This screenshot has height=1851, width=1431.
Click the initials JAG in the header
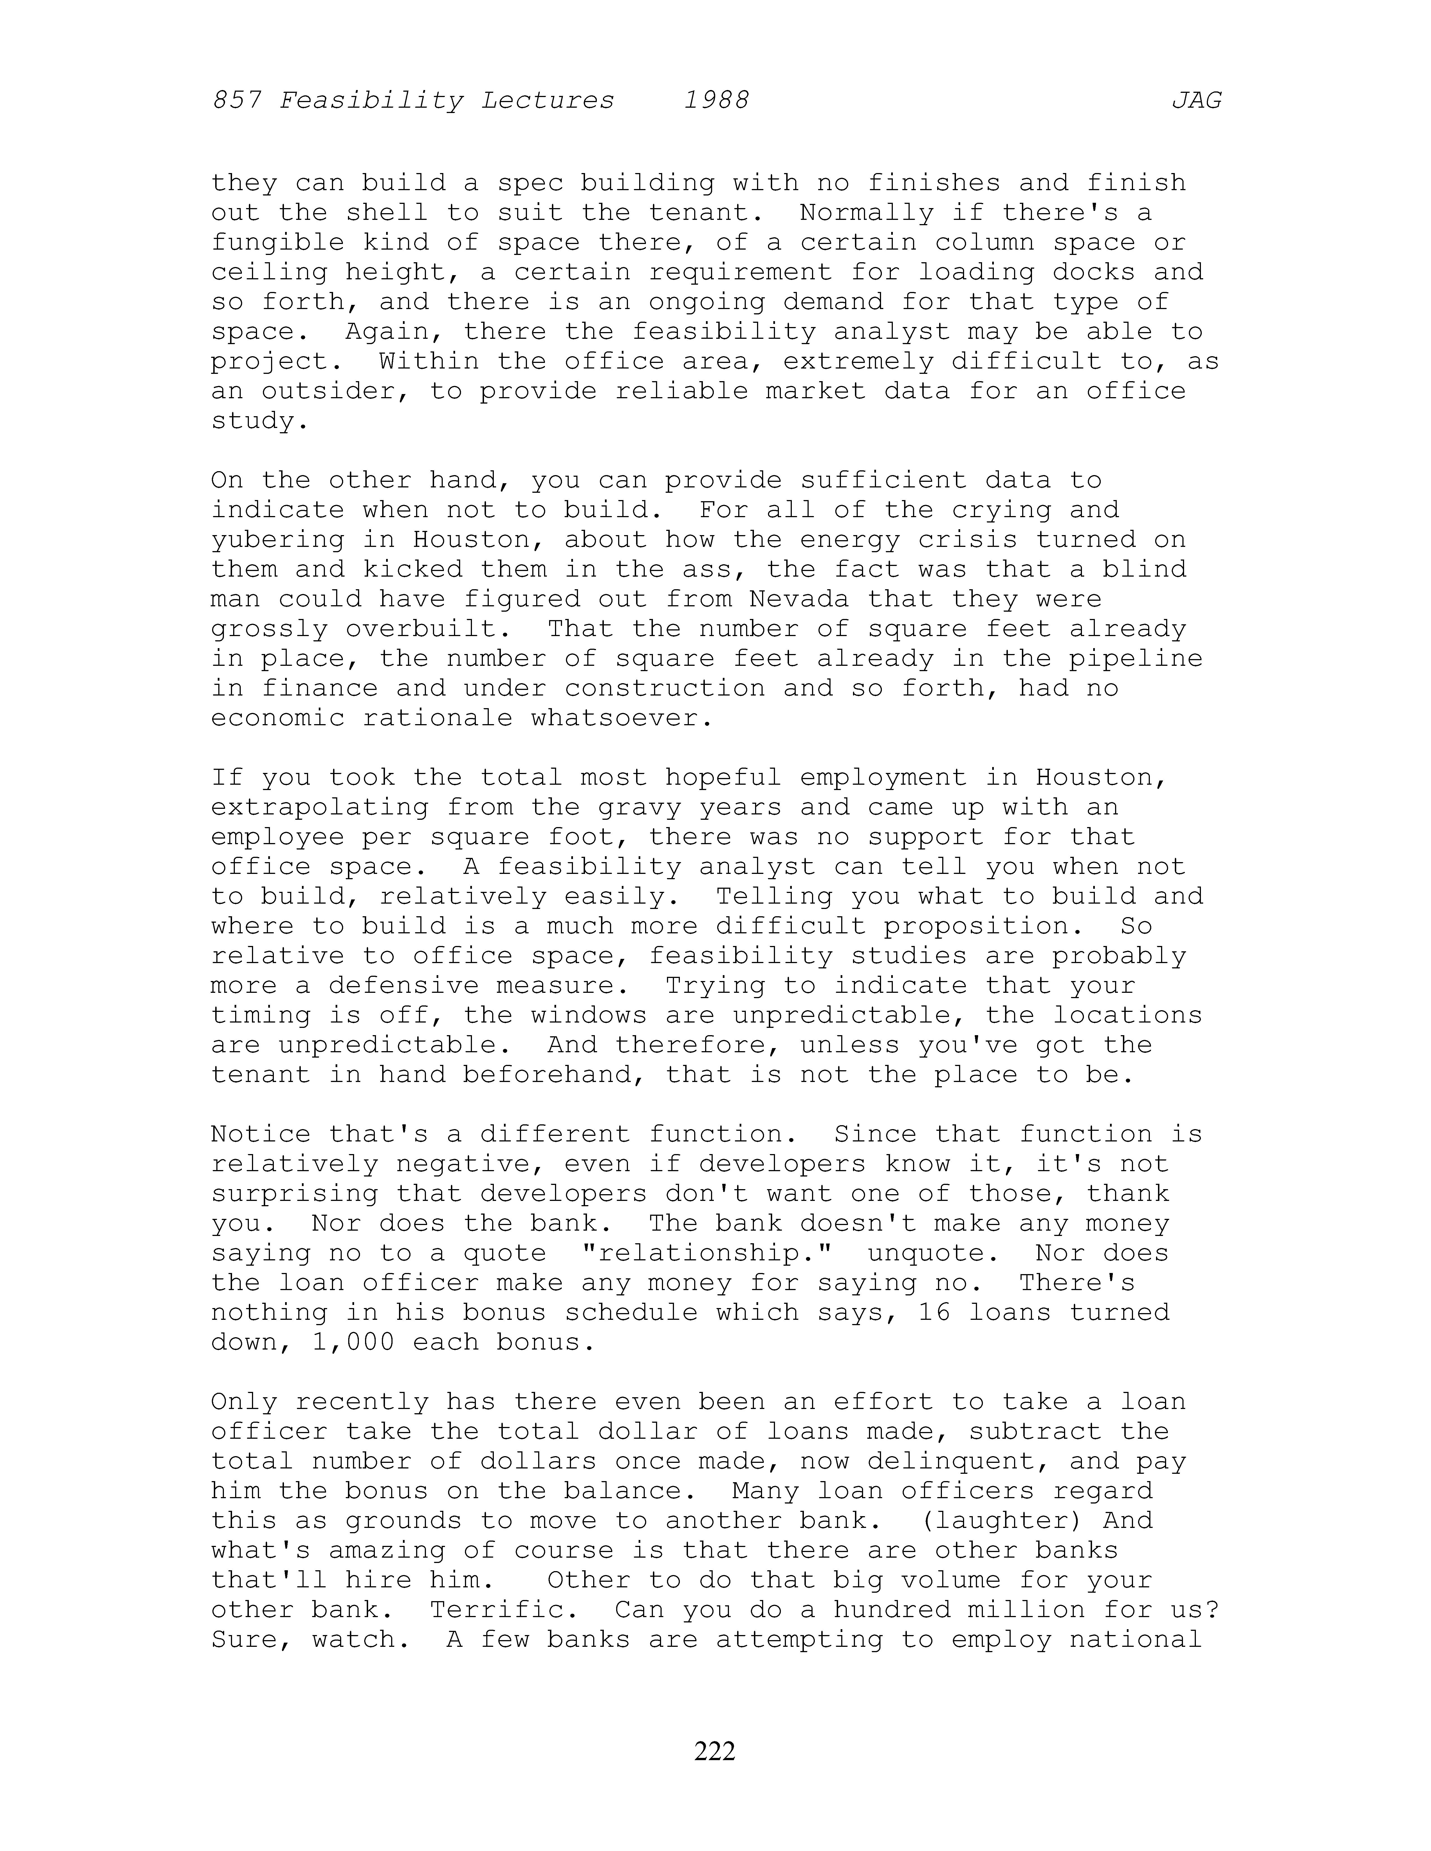(1196, 101)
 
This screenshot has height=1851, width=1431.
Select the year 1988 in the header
(716, 101)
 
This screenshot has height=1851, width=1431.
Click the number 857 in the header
(237, 101)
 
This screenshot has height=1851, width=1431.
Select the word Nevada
(799, 599)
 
